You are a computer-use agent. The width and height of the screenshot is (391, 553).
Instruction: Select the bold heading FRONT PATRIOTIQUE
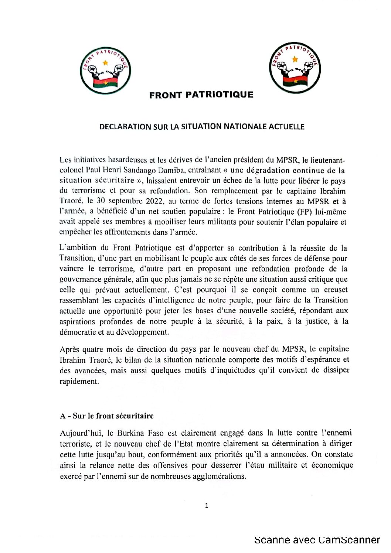(201, 95)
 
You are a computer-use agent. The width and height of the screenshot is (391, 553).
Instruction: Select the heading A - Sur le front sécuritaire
(106, 416)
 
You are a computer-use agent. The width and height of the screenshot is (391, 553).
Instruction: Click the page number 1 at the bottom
(207, 506)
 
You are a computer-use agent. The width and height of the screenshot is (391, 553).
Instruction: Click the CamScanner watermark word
(349, 540)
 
